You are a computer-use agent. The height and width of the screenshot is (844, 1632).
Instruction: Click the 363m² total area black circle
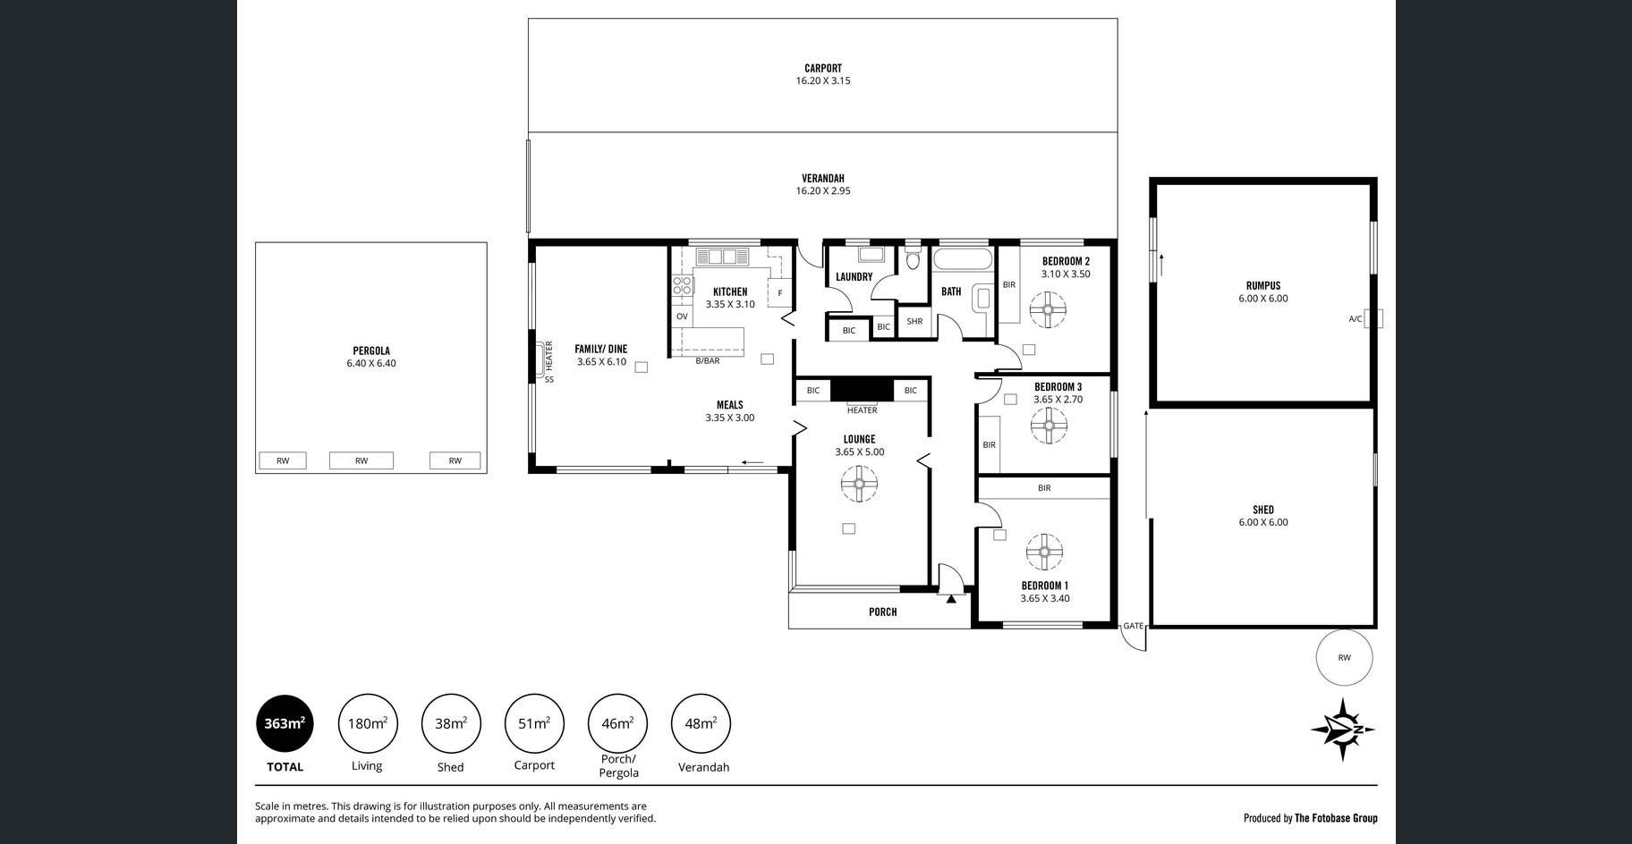click(285, 723)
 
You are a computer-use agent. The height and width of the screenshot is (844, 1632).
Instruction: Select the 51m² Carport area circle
click(534, 723)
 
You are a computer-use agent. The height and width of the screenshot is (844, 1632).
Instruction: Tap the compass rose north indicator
click(1343, 730)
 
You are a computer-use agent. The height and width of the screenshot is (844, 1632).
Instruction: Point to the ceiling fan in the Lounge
click(858, 485)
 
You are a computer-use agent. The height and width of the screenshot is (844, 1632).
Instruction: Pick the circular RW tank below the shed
click(1344, 657)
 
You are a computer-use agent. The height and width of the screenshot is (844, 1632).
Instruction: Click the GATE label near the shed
click(1134, 626)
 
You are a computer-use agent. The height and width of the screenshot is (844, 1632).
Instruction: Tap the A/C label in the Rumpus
click(1356, 318)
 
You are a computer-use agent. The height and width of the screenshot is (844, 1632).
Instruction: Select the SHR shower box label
click(914, 321)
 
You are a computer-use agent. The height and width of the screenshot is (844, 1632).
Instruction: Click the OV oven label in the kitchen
click(682, 316)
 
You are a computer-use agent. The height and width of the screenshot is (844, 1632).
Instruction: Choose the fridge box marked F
click(779, 293)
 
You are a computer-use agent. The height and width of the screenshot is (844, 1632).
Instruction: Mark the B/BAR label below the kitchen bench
click(708, 361)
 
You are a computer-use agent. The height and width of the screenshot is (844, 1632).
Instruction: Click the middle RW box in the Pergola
click(361, 460)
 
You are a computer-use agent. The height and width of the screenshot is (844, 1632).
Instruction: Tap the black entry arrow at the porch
click(951, 598)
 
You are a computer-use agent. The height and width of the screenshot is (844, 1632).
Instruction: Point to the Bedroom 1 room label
click(1044, 586)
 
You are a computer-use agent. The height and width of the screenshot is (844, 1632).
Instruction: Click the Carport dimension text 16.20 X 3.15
click(823, 80)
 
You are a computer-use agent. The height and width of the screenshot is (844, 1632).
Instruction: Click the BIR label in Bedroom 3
click(989, 444)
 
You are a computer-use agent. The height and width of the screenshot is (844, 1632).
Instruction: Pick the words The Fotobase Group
click(1336, 818)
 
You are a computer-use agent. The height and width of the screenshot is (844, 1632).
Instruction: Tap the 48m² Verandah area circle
click(701, 723)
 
